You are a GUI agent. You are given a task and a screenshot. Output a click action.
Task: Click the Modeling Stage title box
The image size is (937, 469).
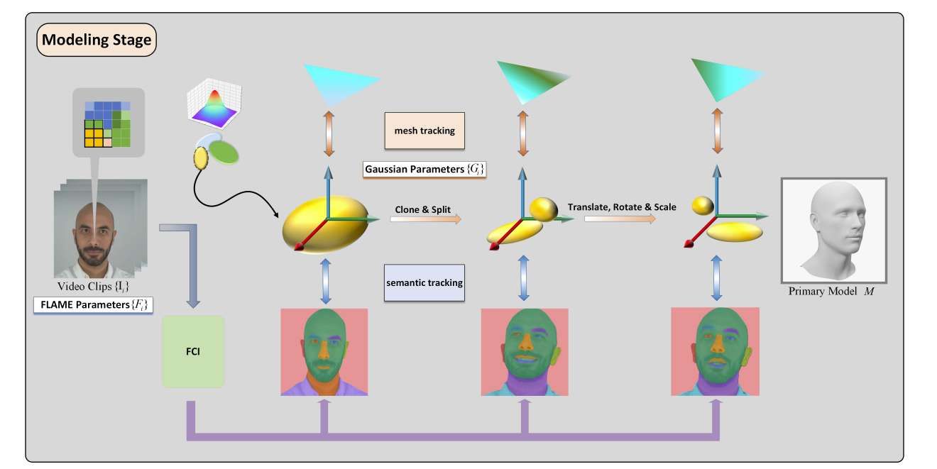[x=97, y=40]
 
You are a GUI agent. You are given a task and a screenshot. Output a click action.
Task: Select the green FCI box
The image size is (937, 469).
[x=193, y=351]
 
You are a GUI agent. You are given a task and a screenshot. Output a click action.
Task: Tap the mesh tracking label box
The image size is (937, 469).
[x=424, y=131]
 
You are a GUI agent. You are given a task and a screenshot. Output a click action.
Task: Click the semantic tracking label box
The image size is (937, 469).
[x=424, y=282]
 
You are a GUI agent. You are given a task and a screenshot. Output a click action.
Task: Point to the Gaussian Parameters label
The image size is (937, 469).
[x=424, y=170]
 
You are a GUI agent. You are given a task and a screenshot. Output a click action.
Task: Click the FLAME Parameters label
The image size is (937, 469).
[x=93, y=306]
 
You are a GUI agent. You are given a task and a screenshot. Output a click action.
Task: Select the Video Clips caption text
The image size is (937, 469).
[x=93, y=287]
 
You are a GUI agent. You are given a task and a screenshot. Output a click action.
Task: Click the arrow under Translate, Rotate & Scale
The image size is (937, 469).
[x=620, y=219]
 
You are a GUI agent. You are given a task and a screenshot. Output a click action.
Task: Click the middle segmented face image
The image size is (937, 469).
[x=525, y=352]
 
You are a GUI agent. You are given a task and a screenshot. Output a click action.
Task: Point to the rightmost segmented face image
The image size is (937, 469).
[x=715, y=351]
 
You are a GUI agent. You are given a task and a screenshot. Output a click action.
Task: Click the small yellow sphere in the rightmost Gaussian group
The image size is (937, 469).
[x=702, y=206]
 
